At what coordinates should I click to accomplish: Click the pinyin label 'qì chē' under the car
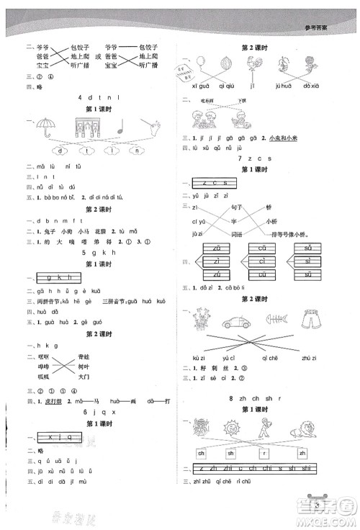282,356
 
